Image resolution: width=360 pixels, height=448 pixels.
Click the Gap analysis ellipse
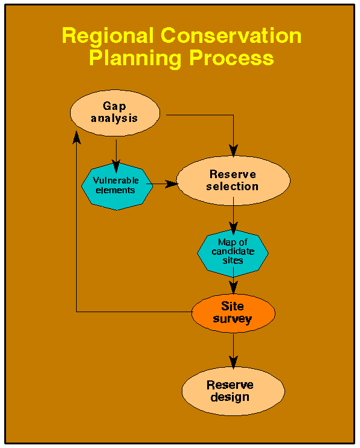tap(115, 113)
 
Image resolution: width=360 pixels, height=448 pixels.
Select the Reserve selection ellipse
tap(233, 181)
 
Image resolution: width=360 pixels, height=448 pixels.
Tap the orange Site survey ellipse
tap(233, 313)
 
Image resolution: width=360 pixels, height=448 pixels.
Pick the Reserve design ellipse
tap(233, 391)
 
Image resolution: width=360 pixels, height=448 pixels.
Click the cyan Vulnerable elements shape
tap(117, 187)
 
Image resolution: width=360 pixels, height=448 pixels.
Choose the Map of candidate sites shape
tap(233, 253)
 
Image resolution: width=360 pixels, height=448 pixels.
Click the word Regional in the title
tap(108, 36)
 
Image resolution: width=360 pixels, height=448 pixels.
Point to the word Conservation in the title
tap(231, 36)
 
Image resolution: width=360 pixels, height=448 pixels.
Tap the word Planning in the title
tap(135, 59)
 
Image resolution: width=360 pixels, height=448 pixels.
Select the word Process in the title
tap(231, 58)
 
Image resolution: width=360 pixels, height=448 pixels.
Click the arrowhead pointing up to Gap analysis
tap(76, 138)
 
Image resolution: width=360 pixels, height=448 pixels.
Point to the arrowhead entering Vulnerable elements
tap(116, 166)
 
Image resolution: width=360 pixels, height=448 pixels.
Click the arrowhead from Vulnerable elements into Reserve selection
tap(172, 184)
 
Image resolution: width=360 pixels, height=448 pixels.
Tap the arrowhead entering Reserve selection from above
tap(233, 150)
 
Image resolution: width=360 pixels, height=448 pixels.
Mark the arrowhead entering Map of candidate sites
tap(233, 228)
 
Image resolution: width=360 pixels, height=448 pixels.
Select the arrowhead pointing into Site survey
tap(233, 287)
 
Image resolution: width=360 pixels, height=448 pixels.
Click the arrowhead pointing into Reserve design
tap(233, 362)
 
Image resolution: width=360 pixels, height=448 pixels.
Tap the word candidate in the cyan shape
tap(233, 251)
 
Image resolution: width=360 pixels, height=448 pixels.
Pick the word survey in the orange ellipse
tap(233, 319)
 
